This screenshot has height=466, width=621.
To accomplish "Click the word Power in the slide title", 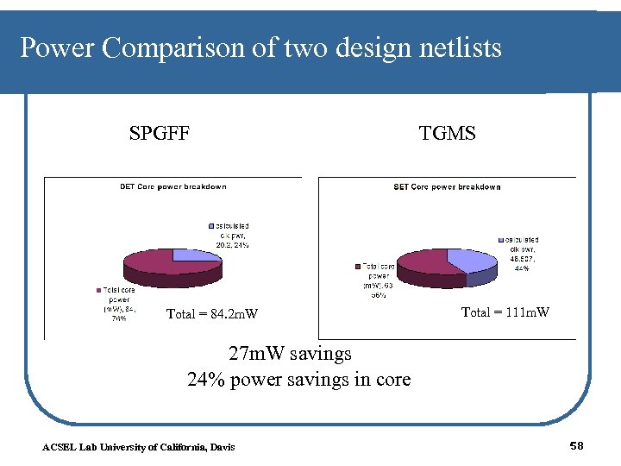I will (x=57, y=48).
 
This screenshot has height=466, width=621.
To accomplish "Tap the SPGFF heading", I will (x=160, y=133).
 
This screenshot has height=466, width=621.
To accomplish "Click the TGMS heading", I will (x=447, y=133).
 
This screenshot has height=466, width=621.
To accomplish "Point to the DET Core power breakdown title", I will (x=172, y=186).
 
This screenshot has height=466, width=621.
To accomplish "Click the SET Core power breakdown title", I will (x=447, y=186).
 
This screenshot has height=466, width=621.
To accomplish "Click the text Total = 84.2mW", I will (x=212, y=314).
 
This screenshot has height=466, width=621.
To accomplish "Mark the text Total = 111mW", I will (x=505, y=312).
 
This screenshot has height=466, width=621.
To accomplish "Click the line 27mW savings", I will (x=290, y=354).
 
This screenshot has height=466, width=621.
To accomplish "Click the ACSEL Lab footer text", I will (x=138, y=446).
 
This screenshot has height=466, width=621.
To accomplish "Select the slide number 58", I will (x=577, y=445).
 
